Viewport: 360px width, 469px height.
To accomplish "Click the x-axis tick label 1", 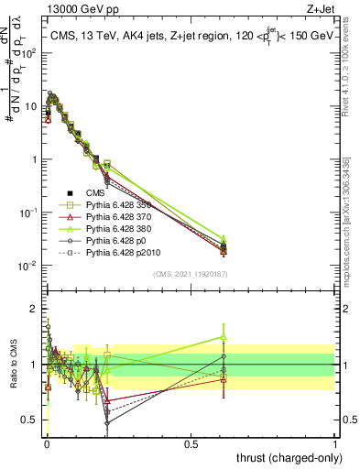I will click(x=334, y=443).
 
